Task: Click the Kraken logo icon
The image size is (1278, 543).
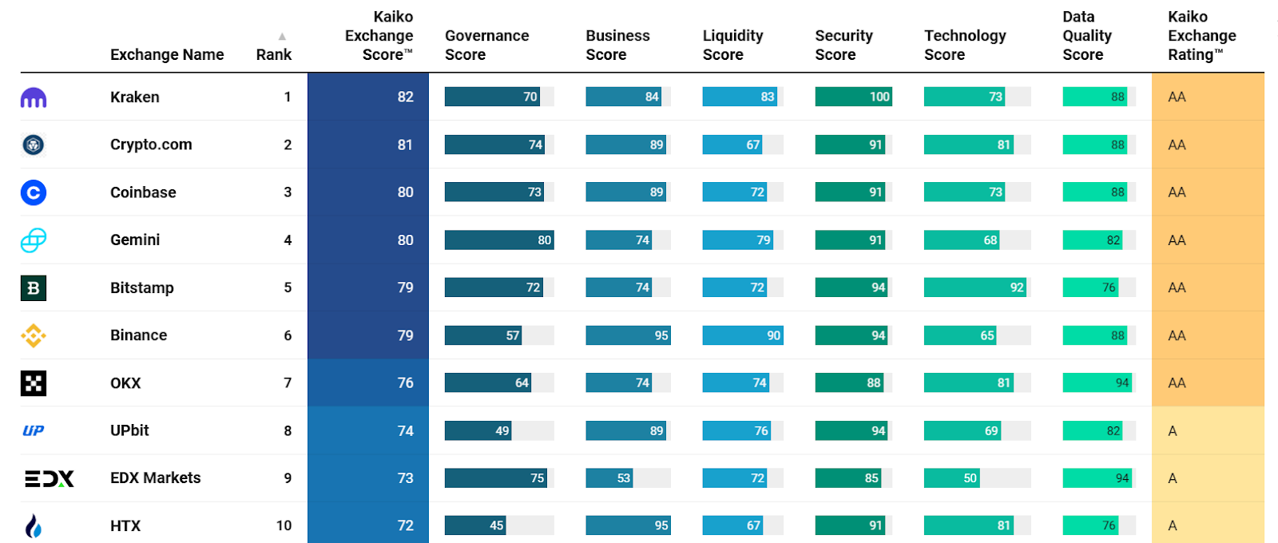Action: (x=33, y=98)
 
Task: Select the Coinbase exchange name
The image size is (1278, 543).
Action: (x=143, y=192)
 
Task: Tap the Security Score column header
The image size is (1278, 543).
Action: (x=843, y=45)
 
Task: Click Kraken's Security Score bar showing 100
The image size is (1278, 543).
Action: (x=853, y=97)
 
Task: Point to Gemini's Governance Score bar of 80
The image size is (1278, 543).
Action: (x=499, y=240)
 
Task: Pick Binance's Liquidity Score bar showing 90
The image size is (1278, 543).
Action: (x=743, y=335)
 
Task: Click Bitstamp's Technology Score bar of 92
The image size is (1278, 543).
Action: (x=975, y=287)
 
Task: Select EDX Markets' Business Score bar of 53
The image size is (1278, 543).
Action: (x=609, y=478)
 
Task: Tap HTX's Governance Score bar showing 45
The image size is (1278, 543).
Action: (x=476, y=525)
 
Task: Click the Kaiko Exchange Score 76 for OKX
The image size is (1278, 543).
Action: (x=405, y=383)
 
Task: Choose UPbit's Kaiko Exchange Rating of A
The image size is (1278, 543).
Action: (x=1173, y=431)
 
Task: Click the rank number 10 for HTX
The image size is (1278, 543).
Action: (x=284, y=525)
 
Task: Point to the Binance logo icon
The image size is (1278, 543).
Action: (x=33, y=335)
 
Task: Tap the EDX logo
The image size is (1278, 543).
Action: (x=50, y=478)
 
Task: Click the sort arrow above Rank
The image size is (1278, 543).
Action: (x=282, y=37)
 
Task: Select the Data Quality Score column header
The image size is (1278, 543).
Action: (x=1086, y=36)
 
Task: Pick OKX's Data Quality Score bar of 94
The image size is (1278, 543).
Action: (x=1097, y=383)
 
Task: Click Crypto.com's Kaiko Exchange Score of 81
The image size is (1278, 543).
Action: (x=405, y=145)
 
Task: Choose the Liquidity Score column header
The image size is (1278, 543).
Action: (x=732, y=45)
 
